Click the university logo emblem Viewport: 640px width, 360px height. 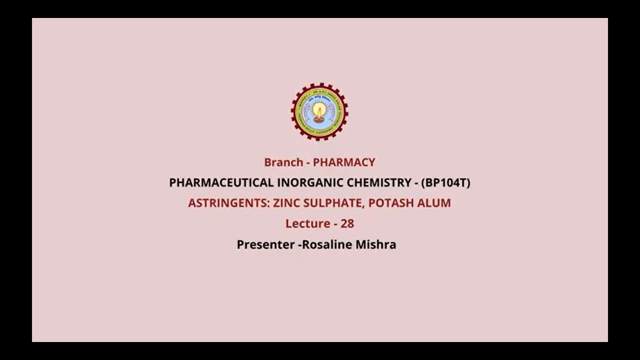click(x=319, y=111)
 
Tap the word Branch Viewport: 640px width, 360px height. click(x=283, y=162)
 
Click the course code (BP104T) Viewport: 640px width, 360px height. click(x=445, y=183)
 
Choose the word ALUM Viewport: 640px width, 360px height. click(x=435, y=203)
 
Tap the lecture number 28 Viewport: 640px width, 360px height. click(x=347, y=224)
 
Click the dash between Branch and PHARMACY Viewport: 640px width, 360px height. click(x=308, y=163)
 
